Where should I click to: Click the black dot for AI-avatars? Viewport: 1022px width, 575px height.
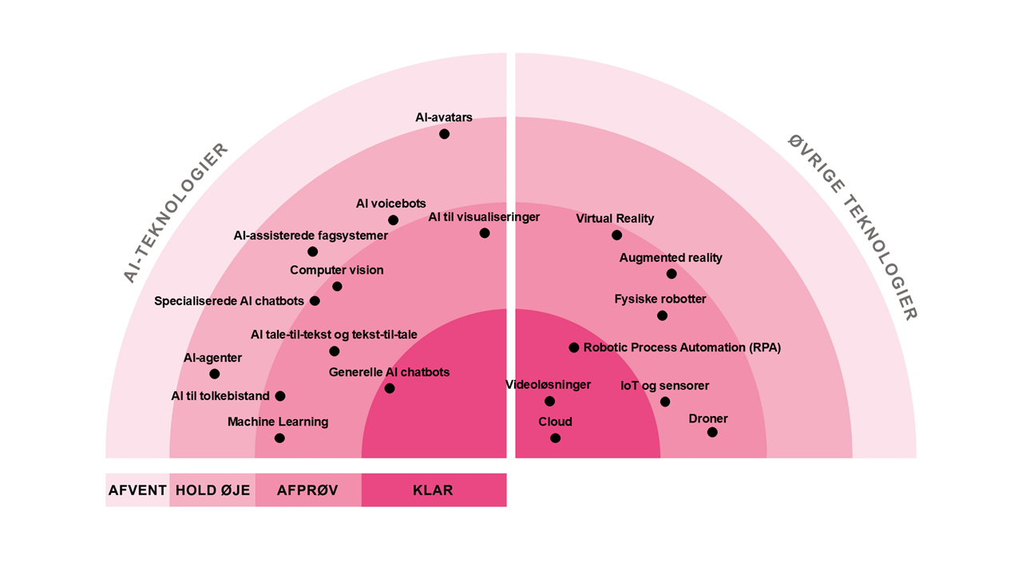pyautogui.click(x=444, y=134)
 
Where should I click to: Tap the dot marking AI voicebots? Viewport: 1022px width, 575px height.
pyautogui.click(x=393, y=220)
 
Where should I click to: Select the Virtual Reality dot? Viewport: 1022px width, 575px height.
pyautogui.click(x=616, y=236)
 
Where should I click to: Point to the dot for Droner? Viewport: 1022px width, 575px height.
pyautogui.click(x=712, y=432)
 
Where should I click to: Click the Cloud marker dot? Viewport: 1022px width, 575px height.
pyautogui.click(x=555, y=438)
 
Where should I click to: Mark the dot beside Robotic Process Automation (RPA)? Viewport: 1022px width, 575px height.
pyautogui.click(x=573, y=347)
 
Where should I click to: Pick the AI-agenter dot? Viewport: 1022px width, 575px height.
pyautogui.click(x=214, y=374)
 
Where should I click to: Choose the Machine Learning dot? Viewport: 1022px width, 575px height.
pyautogui.click(x=279, y=438)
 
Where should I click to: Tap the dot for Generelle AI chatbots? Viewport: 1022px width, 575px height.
pyautogui.click(x=390, y=388)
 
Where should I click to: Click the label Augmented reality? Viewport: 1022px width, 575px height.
pyautogui.click(x=671, y=258)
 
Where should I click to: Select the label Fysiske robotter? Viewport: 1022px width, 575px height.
pyautogui.click(x=660, y=299)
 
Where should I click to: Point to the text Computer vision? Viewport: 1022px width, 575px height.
pyautogui.click(x=336, y=271)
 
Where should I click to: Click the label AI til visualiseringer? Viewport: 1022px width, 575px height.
pyautogui.click(x=484, y=217)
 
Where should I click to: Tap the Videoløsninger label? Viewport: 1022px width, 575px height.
pyautogui.click(x=549, y=385)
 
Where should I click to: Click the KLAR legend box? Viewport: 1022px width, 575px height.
pyautogui.click(x=434, y=490)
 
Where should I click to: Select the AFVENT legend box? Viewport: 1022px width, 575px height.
pyautogui.click(x=137, y=490)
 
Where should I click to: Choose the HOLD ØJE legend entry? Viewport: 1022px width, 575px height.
pyautogui.click(x=212, y=490)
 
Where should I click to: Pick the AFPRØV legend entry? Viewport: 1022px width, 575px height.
pyautogui.click(x=308, y=490)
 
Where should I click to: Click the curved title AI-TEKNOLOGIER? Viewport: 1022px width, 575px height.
pyautogui.click(x=176, y=212)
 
